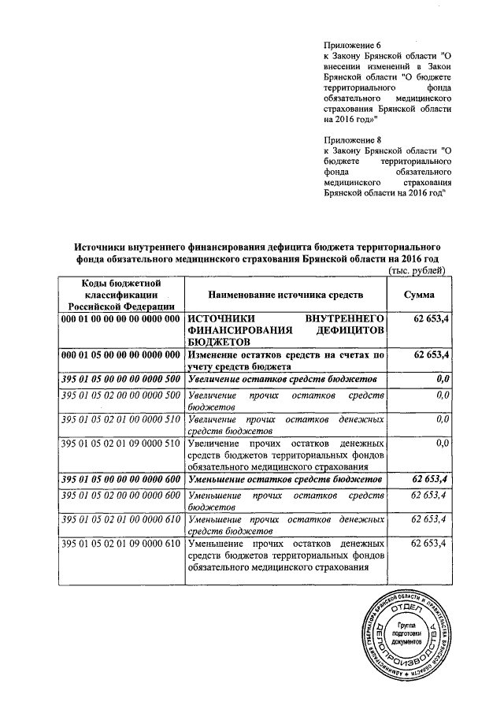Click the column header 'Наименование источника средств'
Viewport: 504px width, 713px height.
coord(285,295)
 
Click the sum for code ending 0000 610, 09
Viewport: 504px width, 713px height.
coord(430,543)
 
